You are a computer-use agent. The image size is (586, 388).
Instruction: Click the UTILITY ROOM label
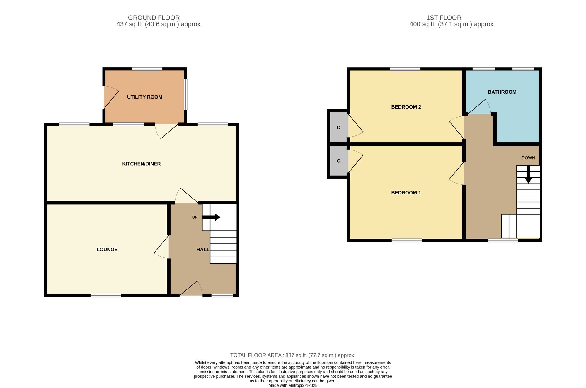[x=144, y=97]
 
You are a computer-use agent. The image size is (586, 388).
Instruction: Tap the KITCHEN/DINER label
[x=142, y=164]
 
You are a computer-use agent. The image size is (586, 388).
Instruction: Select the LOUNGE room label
[x=107, y=250]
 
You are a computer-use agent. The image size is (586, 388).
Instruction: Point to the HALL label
[x=203, y=250]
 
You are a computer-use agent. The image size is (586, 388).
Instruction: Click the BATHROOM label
[x=502, y=92]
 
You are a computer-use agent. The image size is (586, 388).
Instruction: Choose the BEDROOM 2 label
[x=406, y=107]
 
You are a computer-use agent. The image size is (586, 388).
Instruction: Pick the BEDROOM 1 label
[x=406, y=193]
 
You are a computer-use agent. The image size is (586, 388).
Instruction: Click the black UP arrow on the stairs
[x=211, y=217]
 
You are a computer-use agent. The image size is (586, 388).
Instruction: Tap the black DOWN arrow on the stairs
[x=528, y=174]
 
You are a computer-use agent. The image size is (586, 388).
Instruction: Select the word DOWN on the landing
[x=528, y=158]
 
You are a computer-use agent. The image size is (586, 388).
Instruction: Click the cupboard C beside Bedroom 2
[x=338, y=128]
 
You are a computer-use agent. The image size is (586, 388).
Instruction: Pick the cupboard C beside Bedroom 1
[x=338, y=161]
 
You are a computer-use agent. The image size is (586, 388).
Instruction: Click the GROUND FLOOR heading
[x=154, y=18]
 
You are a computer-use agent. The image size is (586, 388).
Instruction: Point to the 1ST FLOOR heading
[x=444, y=18]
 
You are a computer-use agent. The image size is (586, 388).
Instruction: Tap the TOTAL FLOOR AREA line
[x=293, y=355]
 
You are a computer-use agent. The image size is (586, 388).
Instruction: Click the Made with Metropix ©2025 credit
[x=293, y=386]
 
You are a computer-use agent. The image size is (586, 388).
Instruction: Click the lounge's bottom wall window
[x=106, y=296]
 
